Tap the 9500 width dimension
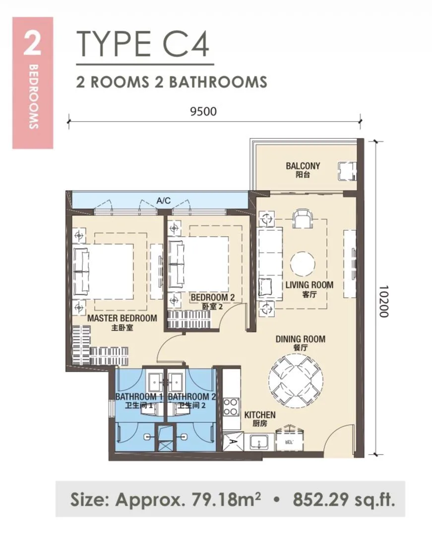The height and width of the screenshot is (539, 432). (x=204, y=111)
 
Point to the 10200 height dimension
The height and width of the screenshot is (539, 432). (x=384, y=301)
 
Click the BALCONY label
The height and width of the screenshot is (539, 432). (x=303, y=166)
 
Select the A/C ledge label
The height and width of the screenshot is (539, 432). (x=164, y=201)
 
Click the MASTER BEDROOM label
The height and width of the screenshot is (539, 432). (x=122, y=318)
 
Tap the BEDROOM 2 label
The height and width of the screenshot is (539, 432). (x=213, y=297)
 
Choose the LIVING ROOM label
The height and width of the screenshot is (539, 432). (x=309, y=284)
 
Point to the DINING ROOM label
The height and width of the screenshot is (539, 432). (x=301, y=339)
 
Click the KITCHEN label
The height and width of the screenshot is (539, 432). (x=260, y=415)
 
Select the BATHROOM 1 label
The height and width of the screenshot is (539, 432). (x=139, y=397)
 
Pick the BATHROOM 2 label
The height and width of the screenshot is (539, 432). (x=192, y=397)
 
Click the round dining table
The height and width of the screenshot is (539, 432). (x=296, y=382)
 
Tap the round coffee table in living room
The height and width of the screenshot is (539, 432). (x=303, y=265)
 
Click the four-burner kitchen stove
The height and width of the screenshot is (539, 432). (x=232, y=407)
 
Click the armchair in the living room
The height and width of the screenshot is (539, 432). (x=303, y=219)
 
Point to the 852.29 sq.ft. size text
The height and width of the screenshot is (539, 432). (x=344, y=499)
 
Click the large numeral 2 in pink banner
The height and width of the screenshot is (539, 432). (x=32, y=44)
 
